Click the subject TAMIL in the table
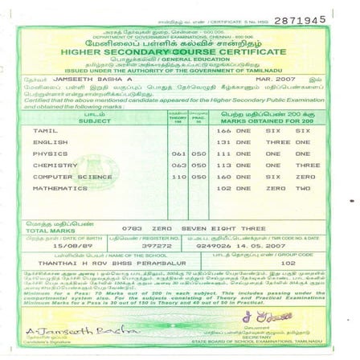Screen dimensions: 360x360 pos(41,129)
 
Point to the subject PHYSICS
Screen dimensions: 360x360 pos(45,153)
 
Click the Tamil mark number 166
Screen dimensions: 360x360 pos(223,129)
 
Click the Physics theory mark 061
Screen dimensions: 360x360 pos(178,153)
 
